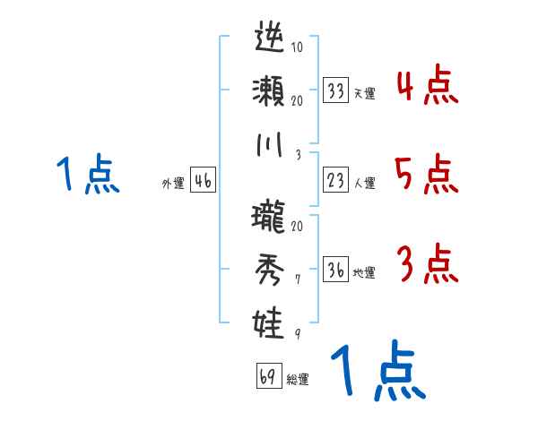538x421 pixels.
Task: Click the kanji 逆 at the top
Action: tap(270, 40)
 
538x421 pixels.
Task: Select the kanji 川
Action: tap(270, 143)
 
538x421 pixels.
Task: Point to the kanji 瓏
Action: tap(270, 217)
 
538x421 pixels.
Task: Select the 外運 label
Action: tap(172, 184)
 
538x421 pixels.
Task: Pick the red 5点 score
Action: tap(427, 175)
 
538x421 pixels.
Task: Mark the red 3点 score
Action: tap(427, 264)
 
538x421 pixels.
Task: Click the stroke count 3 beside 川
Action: tap(296, 153)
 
